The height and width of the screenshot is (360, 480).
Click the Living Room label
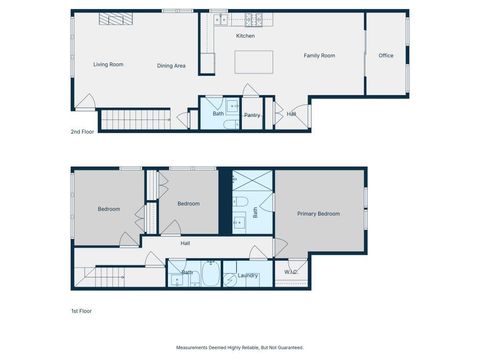pos(108,64)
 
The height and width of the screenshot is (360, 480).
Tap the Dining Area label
pos(171,66)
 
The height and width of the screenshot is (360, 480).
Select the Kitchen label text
pos(245,36)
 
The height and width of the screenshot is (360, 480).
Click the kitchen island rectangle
pos(254,63)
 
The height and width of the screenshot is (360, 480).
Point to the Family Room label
pos(319,55)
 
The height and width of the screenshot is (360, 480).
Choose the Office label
pos(385,55)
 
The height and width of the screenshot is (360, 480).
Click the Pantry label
pos(252,115)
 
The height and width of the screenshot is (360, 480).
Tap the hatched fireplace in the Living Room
pos(113,19)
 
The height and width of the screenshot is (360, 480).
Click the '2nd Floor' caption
pos(83,132)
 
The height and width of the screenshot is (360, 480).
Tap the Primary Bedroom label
pos(318,214)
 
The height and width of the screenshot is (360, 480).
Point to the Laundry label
pos(248,275)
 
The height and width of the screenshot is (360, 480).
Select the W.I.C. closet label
pos(291,271)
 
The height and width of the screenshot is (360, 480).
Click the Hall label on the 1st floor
pos(185,243)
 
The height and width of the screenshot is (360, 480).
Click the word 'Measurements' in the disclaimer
pos(196,348)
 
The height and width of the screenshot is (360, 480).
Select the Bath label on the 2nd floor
pos(218,114)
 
